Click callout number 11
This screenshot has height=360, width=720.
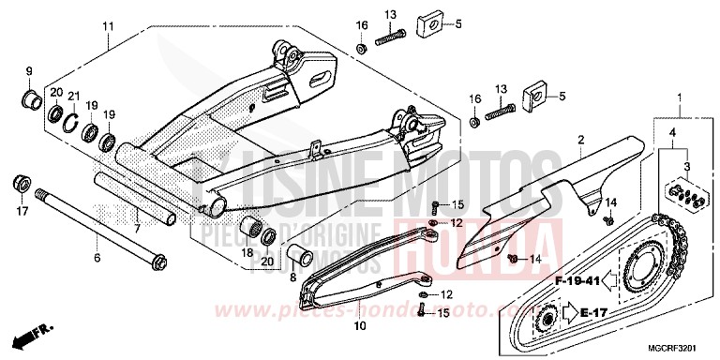(107, 25)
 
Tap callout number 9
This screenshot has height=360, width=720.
(28, 72)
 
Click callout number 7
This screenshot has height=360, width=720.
(136, 228)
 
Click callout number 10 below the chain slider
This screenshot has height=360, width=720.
(358, 327)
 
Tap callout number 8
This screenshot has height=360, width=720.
(292, 277)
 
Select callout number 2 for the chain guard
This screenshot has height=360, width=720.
(580, 140)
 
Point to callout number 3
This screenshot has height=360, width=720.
(687, 166)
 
